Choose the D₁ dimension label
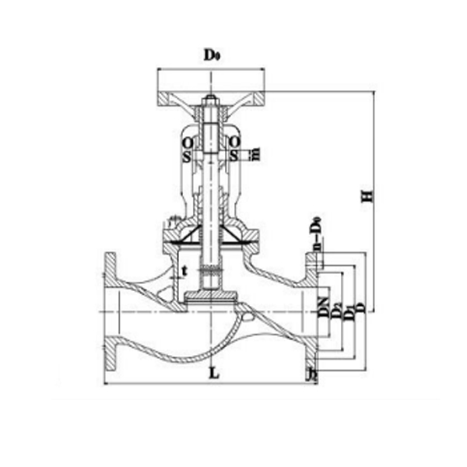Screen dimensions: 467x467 pyautogui.click(x=348, y=314)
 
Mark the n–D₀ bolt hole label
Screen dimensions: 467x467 pyautogui.click(x=316, y=237)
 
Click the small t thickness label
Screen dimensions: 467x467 pyautogui.click(x=184, y=271)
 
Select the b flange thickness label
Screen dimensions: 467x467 pyautogui.click(x=311, y=376)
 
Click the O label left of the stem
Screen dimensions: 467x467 pyautogui.click(x=187, y=143)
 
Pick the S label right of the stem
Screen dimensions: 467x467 pyautogui.click(x=233, y=156)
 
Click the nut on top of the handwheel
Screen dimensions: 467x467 pyautogui.click(x=211, y=100)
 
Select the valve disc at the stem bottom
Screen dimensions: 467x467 pyautogui.click(x=210, y=295)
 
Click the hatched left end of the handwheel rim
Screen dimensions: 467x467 pyautogui.click(x=165, y=99)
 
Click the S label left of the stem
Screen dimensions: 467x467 pyautogui.click(x=187, y=156)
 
